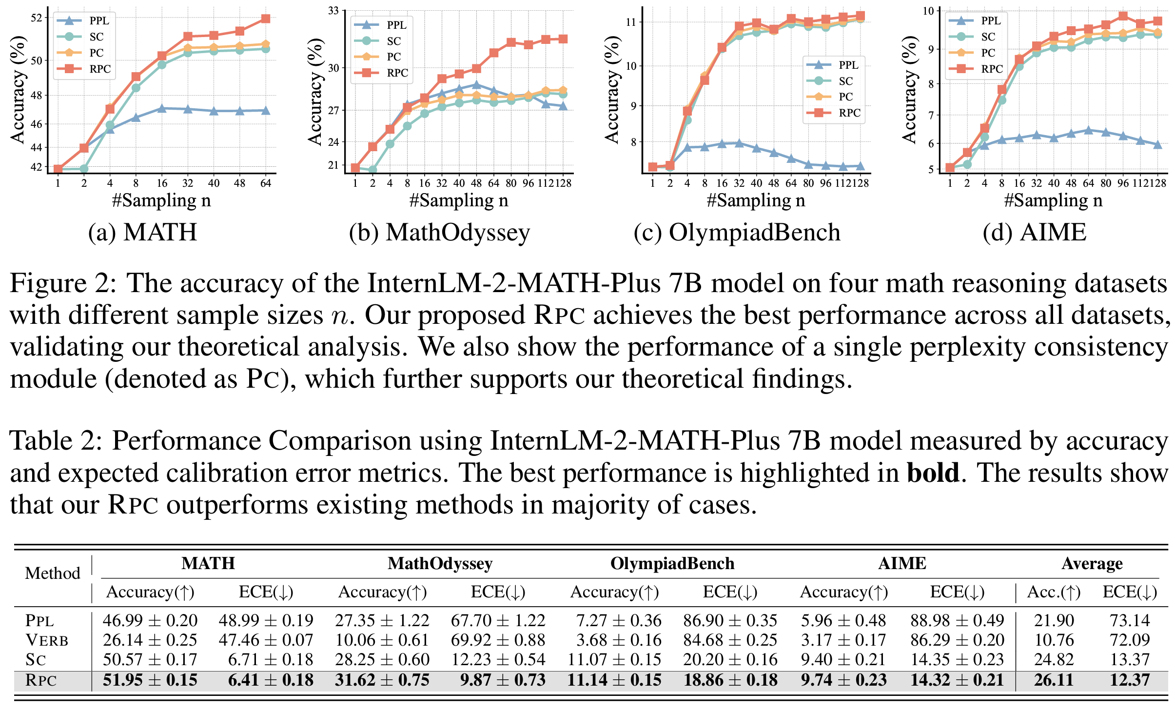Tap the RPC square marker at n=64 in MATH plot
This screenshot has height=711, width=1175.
[x=266, y=19]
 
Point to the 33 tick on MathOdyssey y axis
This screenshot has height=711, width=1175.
[x=333, y=11]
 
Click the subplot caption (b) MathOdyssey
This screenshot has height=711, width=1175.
[x=439, y=232]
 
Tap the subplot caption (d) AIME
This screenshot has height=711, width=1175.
[x=1034, y=232]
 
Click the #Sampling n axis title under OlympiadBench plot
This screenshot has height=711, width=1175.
[x=756, y=200]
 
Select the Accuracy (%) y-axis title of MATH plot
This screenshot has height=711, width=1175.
[x=18, y=90]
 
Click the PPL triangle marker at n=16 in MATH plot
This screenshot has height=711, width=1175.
[x=162, y=108]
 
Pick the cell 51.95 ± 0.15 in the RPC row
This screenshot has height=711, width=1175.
[x=150, y=680]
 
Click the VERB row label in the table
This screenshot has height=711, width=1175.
[x=47, y=640]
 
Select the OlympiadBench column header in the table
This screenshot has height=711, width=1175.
[x=672, y=564]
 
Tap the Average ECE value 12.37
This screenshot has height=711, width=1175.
[x=1130, y=680]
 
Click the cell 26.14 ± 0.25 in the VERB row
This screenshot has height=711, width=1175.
[x=150, y=640]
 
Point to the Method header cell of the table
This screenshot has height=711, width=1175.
[x=53, y=573]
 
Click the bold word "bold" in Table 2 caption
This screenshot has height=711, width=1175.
[x=933, y=473]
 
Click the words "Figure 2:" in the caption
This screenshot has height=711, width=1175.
[x=63, y=284]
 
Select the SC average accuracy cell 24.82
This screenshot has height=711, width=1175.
[x=1054, y=660]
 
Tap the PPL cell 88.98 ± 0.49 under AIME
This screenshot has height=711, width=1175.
[x=957, y=621]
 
